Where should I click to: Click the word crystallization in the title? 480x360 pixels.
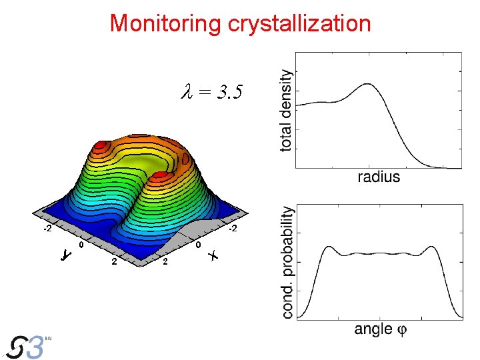pos(299,24)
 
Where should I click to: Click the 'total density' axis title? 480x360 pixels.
pos(286,110)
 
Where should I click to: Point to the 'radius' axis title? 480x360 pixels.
pos(379,177)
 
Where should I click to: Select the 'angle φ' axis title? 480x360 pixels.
pos(382,329)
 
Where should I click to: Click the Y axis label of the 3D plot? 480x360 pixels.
pos(65,255)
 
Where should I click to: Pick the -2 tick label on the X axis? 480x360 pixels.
pos(232,229)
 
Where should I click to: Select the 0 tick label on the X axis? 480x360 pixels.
pos(199,245)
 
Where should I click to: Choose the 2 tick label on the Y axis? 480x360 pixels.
pos(114,261)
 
